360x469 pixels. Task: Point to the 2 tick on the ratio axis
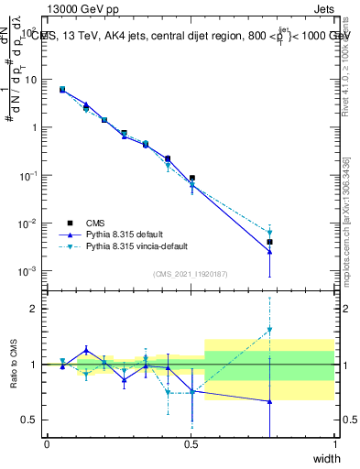click(35, 309)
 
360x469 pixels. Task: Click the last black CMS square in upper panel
click(269, 242)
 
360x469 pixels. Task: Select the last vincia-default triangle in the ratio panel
click(269, 330)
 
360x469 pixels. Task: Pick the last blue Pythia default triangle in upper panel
click(269, 252)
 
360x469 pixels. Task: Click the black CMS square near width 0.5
click(192, 178)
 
